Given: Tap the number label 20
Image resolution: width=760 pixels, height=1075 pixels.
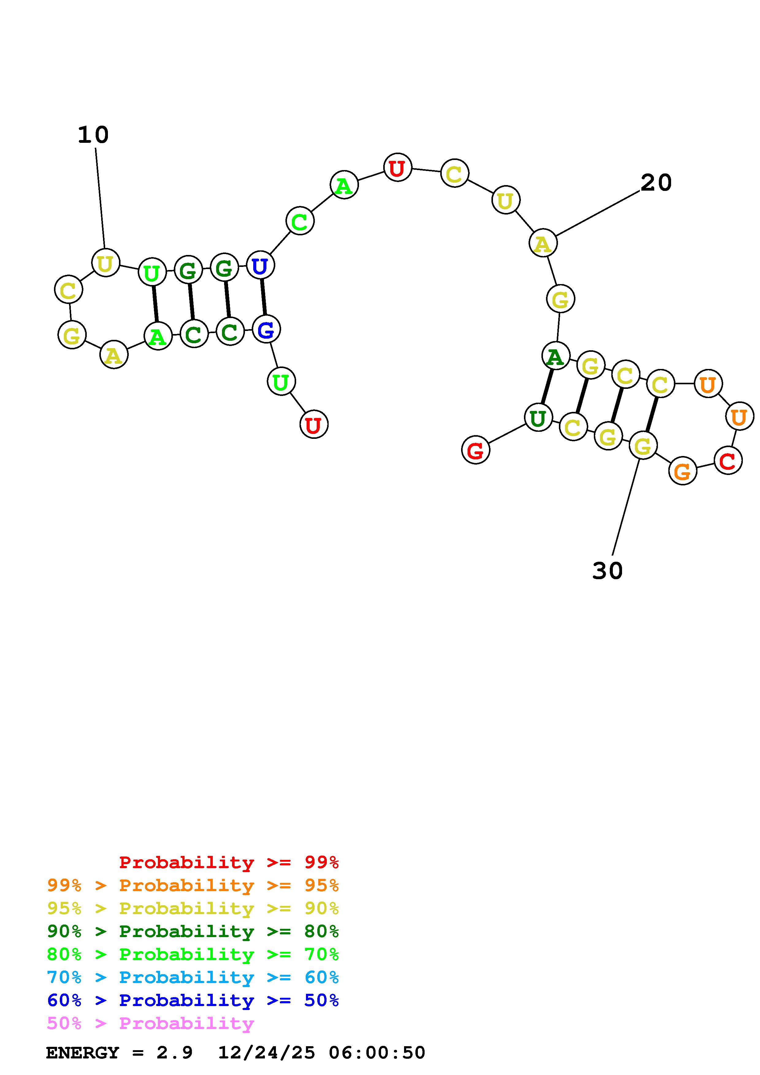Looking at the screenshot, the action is click(656, 183).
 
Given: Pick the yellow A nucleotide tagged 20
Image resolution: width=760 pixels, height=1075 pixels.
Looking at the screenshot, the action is click(543, 243).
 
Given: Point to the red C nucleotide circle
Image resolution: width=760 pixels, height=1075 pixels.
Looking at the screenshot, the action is click(728, 461).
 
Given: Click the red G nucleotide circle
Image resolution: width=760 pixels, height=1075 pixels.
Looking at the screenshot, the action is click(475, 450).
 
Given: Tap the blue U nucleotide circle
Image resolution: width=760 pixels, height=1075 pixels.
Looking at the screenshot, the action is click(260, 265).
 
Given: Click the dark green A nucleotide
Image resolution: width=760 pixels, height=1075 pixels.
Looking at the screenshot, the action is click(556, 356).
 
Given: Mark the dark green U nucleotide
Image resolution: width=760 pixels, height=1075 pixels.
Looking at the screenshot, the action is click(538, 418).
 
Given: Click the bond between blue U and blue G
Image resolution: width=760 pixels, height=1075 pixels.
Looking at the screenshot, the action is click(263, 297).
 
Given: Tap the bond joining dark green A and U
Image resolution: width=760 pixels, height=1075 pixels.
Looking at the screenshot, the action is click(547, 387).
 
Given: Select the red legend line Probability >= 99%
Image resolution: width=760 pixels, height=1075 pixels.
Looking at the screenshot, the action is click(228, 862).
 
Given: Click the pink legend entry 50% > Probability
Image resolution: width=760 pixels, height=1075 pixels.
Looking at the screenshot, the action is click(150, 1023).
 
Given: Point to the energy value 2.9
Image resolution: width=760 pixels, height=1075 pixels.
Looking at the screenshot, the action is click(174, 1053).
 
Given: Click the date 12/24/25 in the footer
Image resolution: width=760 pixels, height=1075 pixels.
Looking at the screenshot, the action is click(266, 1053).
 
